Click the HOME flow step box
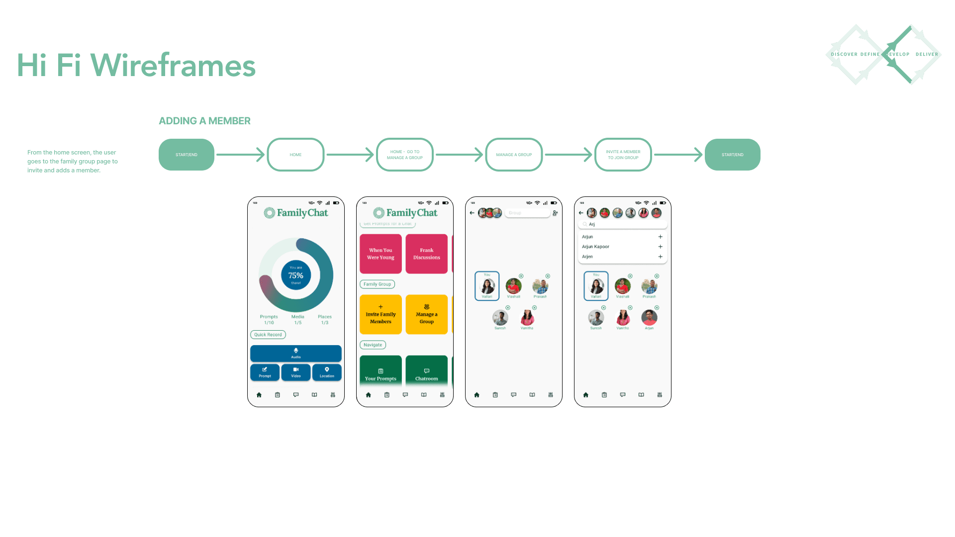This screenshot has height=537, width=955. pyautogui.click(x=295, y=155)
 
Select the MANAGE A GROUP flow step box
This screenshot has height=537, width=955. pyautogui.click(x=514, y=155)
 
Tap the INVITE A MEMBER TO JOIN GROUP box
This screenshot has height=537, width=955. pyautogui.click(x=623, y=155)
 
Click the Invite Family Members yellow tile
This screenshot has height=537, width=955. pyautogui.click(x=381, y=314)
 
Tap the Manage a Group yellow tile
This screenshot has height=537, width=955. pyautogui.click(x=426, y=314)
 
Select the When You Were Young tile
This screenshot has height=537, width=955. pyautogui.click(x=381, y=254)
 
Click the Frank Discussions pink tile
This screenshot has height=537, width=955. pyautogui.click(x=426, y=254)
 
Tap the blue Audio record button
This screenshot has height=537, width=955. pyautogui.click(x=295, y=353)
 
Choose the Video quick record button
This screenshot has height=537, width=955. pyautogui.click(x=295, y=372)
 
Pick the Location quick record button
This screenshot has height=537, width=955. pyautogui.click(x=327, y=372)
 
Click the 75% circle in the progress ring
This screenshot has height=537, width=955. pyautogui.click(x=296, y=275)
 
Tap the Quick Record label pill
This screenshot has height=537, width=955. pyautogui.click(x=268, y=335)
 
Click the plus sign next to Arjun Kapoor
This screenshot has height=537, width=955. pyautogui.click(x=660, y=247)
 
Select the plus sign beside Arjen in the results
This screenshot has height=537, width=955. pyautogui.click(x=660, y=257)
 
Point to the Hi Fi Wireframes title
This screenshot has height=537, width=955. pyautogui.click(x=136, y=65)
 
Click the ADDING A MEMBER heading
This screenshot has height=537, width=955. pyautogui.click(x=204, y=121)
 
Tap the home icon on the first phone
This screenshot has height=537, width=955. pyautogui.click(x=259, y=395)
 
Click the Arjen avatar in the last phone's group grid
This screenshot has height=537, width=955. pyautogui.click(x=649, y=317)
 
